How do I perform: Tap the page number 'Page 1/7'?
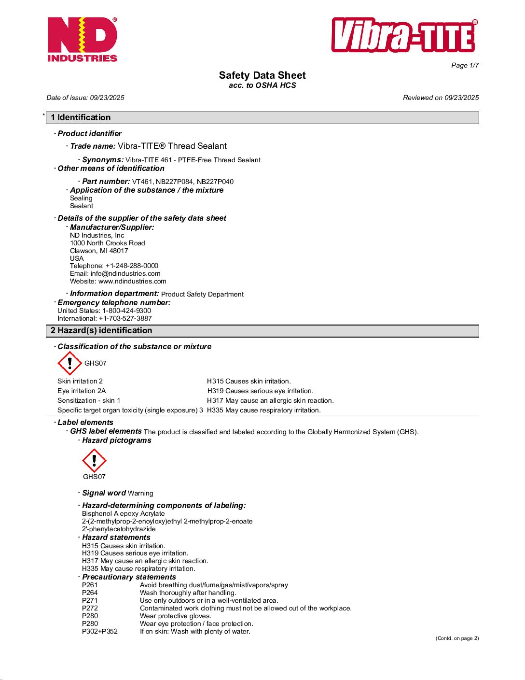pyautogui.click(x=465, y=66)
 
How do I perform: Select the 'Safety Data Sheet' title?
pyautogui.click(x=262, y=75)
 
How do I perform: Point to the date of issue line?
pyautogui.click(x=85, y=98)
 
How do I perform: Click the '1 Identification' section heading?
pyautogui.click(x=81, y=117)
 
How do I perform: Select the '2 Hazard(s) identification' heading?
pyautogui.click(x=101, y=330)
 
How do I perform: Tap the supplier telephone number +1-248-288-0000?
pyautogui.click(x=132, y=266)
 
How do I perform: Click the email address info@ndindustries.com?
pyautogui.click(x=125, y=273)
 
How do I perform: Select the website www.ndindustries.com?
pyautogui.click(x=132, y=281)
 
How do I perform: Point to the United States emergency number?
pyautogui.click(x=126, y=311)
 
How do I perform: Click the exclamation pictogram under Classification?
pyautogui.click(x=70, y=363)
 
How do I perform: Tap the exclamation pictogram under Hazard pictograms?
pyautogui.click(x=94, y=460)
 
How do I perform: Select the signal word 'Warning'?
pyautogui.click(x=140, y=493)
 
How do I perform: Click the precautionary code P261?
pyautogui.click(x=90, y=585)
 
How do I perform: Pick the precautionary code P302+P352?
pyautogui.click(x=100, y=631)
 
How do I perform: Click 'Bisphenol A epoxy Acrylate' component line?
pyautogui.click(x=123, y=513)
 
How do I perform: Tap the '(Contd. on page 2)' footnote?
pyautogui.click(x=457, y=638)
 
